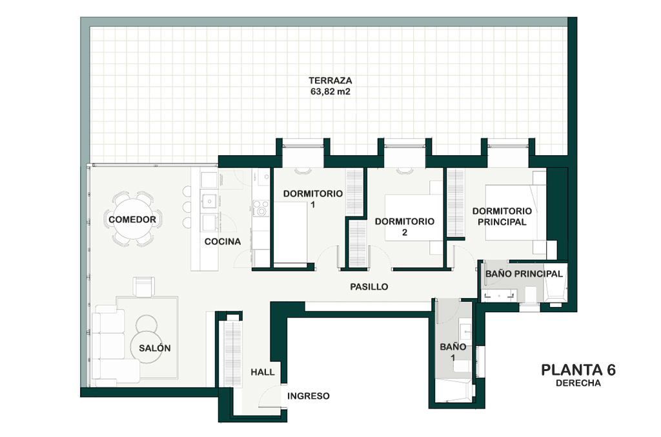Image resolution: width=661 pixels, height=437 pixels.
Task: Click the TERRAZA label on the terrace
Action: coord(330,80)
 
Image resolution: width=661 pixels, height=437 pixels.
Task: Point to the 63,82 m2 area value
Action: coord(330,91)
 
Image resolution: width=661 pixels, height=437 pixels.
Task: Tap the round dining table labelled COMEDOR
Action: coord(132,219)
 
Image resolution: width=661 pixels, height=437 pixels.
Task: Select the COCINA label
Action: coord(223,242)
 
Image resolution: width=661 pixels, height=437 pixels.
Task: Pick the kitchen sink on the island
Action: coord(209,201)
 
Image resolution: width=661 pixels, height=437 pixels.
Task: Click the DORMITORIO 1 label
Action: coord(313,199)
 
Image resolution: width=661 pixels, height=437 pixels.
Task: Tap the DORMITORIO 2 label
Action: coord(404,227)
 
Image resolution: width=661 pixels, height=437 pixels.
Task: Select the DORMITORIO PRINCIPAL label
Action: coord(502,216)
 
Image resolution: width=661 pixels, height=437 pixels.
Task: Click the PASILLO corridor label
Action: coord(369,286)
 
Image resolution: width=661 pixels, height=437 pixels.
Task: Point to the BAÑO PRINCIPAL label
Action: coord(524,273)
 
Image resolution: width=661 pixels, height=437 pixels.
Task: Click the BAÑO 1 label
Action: coord(453,352)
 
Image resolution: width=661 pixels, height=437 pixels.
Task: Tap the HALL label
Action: coord(262,372)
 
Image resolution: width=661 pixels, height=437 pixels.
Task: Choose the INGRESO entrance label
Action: coord(308,396)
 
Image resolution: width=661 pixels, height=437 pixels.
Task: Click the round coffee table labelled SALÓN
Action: coord(146,347)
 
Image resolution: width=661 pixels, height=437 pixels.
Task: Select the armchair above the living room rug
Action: coord(144,286)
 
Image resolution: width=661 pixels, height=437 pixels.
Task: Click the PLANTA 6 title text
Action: coord(578,370)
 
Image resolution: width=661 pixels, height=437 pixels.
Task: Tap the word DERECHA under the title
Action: coord(578,383)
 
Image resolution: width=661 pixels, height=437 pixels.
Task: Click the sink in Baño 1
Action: coord(465,331)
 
